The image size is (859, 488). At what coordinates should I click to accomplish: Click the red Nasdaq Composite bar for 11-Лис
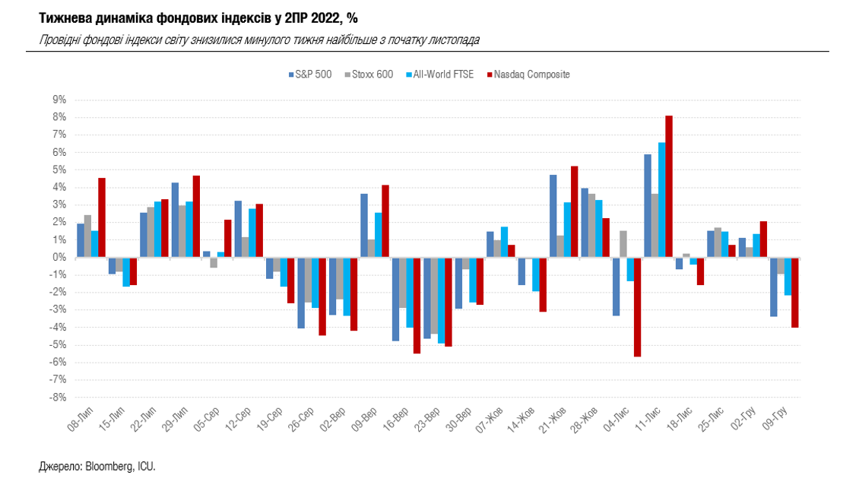(x=669, y=186)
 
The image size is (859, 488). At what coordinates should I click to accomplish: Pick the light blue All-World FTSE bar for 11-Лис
(x=661, y=200)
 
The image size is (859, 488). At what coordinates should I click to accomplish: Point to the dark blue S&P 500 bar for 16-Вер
(x=395, y=299)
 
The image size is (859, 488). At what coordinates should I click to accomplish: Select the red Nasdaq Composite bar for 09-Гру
(x=795, y=292)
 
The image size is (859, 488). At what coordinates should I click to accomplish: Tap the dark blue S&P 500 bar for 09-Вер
(x=364, y=226)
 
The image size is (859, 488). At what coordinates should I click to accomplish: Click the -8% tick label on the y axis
(x=59, y=398)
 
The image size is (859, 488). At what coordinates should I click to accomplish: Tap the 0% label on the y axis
(x=60, y=258)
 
